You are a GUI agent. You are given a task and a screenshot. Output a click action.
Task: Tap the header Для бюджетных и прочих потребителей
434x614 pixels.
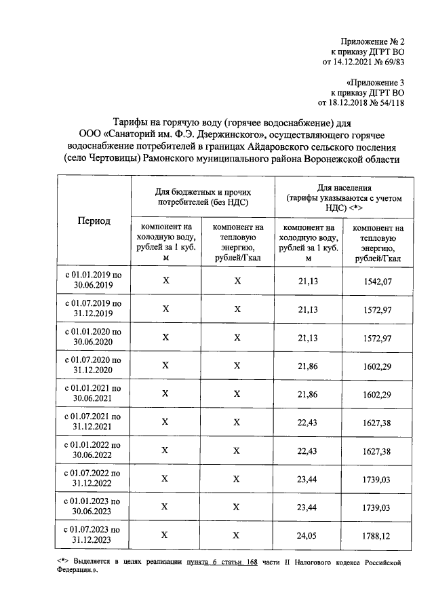pos(203,197)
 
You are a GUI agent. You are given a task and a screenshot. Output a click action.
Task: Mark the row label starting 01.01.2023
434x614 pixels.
pos(94,506)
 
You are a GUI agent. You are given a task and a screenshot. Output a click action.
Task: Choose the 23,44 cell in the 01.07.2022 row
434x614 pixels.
pos(308,478)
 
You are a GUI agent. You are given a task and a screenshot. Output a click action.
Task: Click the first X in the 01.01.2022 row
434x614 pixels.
pos(165,450)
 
